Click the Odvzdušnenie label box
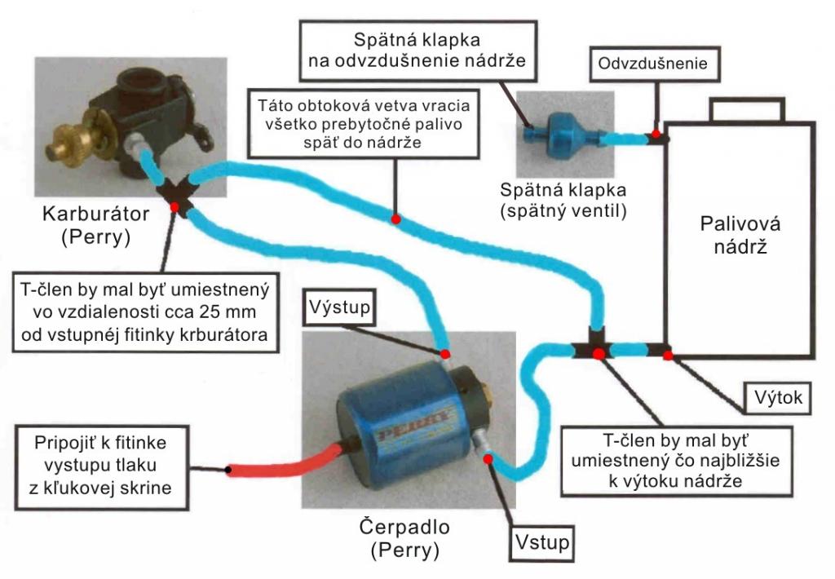pos(654,63)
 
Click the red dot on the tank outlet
pos(668,354)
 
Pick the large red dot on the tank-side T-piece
pos(599,353)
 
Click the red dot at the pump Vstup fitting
pos(488,458)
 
